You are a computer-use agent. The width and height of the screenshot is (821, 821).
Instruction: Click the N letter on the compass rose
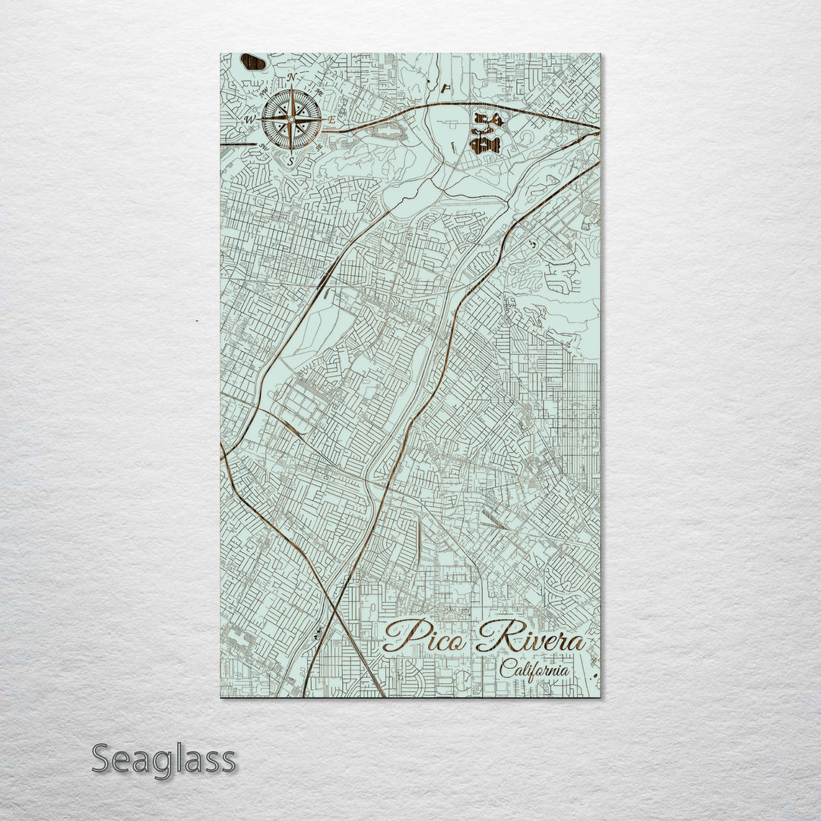[x=291, y=78]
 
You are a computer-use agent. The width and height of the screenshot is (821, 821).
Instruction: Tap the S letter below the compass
[x=290, y=161]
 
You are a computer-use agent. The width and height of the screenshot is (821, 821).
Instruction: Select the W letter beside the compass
[x=248, y=120]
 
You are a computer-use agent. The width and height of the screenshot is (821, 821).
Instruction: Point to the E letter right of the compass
[x=331, y=120]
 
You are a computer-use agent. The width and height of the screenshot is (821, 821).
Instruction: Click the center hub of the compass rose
[x=290, y=119]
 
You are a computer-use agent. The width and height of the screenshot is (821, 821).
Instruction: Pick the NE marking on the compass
[x=320, y=93]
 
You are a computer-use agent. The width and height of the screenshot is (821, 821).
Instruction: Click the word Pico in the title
[x=422, y=637]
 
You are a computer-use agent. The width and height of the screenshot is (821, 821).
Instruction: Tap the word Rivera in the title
[x=532, y=639]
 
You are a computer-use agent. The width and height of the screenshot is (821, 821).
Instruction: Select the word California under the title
[x=534, y=670]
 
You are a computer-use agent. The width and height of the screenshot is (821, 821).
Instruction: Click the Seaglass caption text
[x=163, y=759]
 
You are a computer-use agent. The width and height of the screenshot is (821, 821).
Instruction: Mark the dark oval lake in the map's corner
[x=252, y=62]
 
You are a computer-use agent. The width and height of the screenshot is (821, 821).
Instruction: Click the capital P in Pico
[x=399, y=636]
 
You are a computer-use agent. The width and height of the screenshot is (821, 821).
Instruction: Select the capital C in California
[x=506, y=669]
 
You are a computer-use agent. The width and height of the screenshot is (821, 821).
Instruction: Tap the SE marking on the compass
[x=319, y=147]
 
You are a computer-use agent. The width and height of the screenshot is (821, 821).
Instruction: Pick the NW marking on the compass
[x=263, y=93]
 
